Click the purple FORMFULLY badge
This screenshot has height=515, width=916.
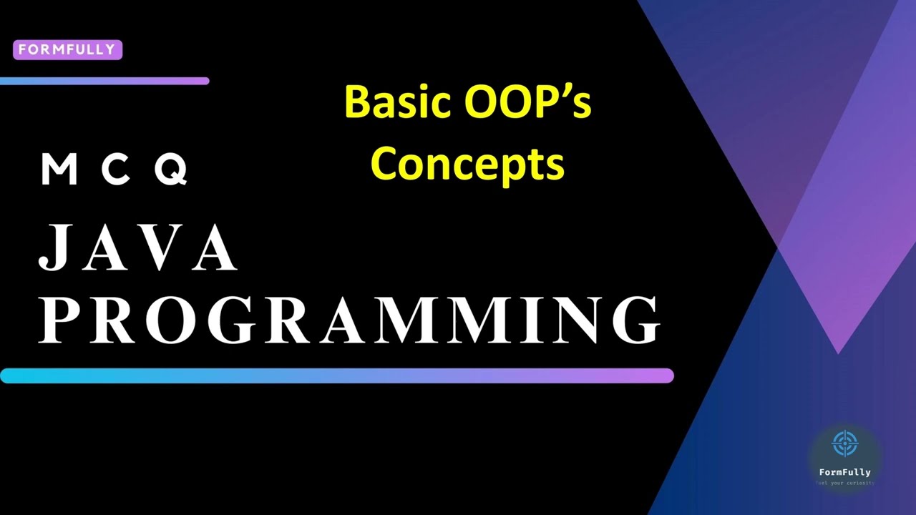click(68, 50)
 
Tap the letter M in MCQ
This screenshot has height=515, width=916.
click(59, 170)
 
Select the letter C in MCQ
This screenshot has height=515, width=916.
click(115, 170)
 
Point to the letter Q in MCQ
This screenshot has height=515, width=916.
click(172, 170)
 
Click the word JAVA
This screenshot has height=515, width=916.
click(137, 248)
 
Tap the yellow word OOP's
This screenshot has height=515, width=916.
click(528, 102)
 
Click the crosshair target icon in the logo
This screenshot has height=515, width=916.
click(844, 443)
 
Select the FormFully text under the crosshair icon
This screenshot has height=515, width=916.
click(844, 472)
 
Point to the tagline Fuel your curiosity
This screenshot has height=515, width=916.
click(844, 483)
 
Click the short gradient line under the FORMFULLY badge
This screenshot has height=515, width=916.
click(104, 82)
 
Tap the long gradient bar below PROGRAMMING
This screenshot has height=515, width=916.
click(336, 376)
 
